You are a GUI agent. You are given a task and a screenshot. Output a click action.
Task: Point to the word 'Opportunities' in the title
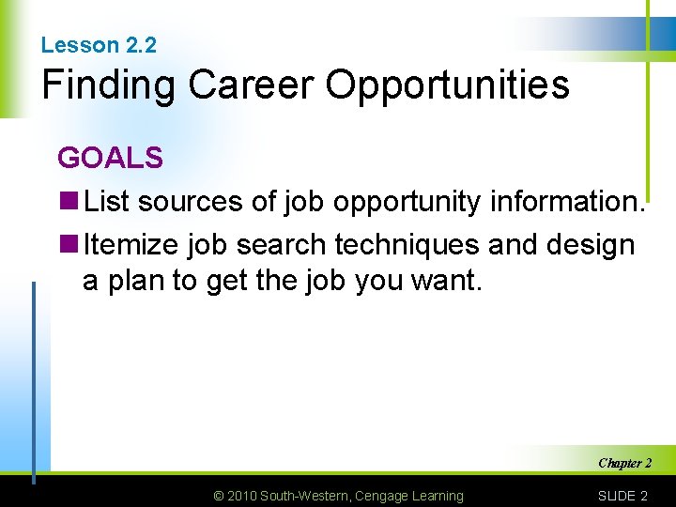click(447, 85)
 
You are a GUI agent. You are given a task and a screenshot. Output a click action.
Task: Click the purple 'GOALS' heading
click(110, 158)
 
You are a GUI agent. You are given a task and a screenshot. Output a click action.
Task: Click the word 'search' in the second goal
click(281, 246)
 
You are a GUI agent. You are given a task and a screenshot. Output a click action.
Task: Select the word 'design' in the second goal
click(589, 246)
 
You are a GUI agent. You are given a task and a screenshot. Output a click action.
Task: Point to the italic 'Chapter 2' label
click(624, 463)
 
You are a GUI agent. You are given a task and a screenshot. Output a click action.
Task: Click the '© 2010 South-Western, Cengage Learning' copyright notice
click(339, 496)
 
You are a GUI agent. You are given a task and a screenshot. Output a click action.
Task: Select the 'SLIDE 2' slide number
click(622, 496)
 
